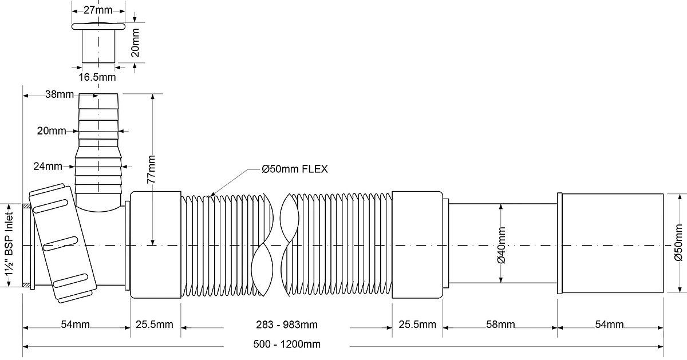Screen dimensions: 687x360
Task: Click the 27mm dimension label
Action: tap(98, 10)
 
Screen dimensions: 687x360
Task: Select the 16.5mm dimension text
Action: tap(97, 77)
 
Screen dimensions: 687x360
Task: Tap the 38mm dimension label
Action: tap(60, 94)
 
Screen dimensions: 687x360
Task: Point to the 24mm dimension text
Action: tap(48, 166)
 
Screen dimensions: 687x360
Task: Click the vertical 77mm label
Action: tap(151, 169)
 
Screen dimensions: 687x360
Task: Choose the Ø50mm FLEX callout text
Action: tap(295, 169)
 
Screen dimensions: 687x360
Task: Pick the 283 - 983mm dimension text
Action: tap(287, 325)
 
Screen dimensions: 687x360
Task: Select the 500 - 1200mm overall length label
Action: tap(287, 344)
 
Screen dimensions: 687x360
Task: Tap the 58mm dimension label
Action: tap(500, 325)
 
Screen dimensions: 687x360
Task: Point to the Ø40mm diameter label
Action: tap(501, 246)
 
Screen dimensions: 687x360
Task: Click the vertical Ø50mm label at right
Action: tap(679, 243)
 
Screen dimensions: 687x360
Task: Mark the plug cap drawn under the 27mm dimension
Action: tap(98, 42)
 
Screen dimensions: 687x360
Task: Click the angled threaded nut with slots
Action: tap(63, 243)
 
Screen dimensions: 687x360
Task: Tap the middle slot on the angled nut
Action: tap(60, 243)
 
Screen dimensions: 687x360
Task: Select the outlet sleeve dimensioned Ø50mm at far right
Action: tap(610, 243)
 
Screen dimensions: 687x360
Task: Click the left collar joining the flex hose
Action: tap(156, 245)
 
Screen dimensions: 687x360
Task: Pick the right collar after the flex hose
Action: tap(417, 245)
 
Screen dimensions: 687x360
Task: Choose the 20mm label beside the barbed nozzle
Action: tap(51, 131)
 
